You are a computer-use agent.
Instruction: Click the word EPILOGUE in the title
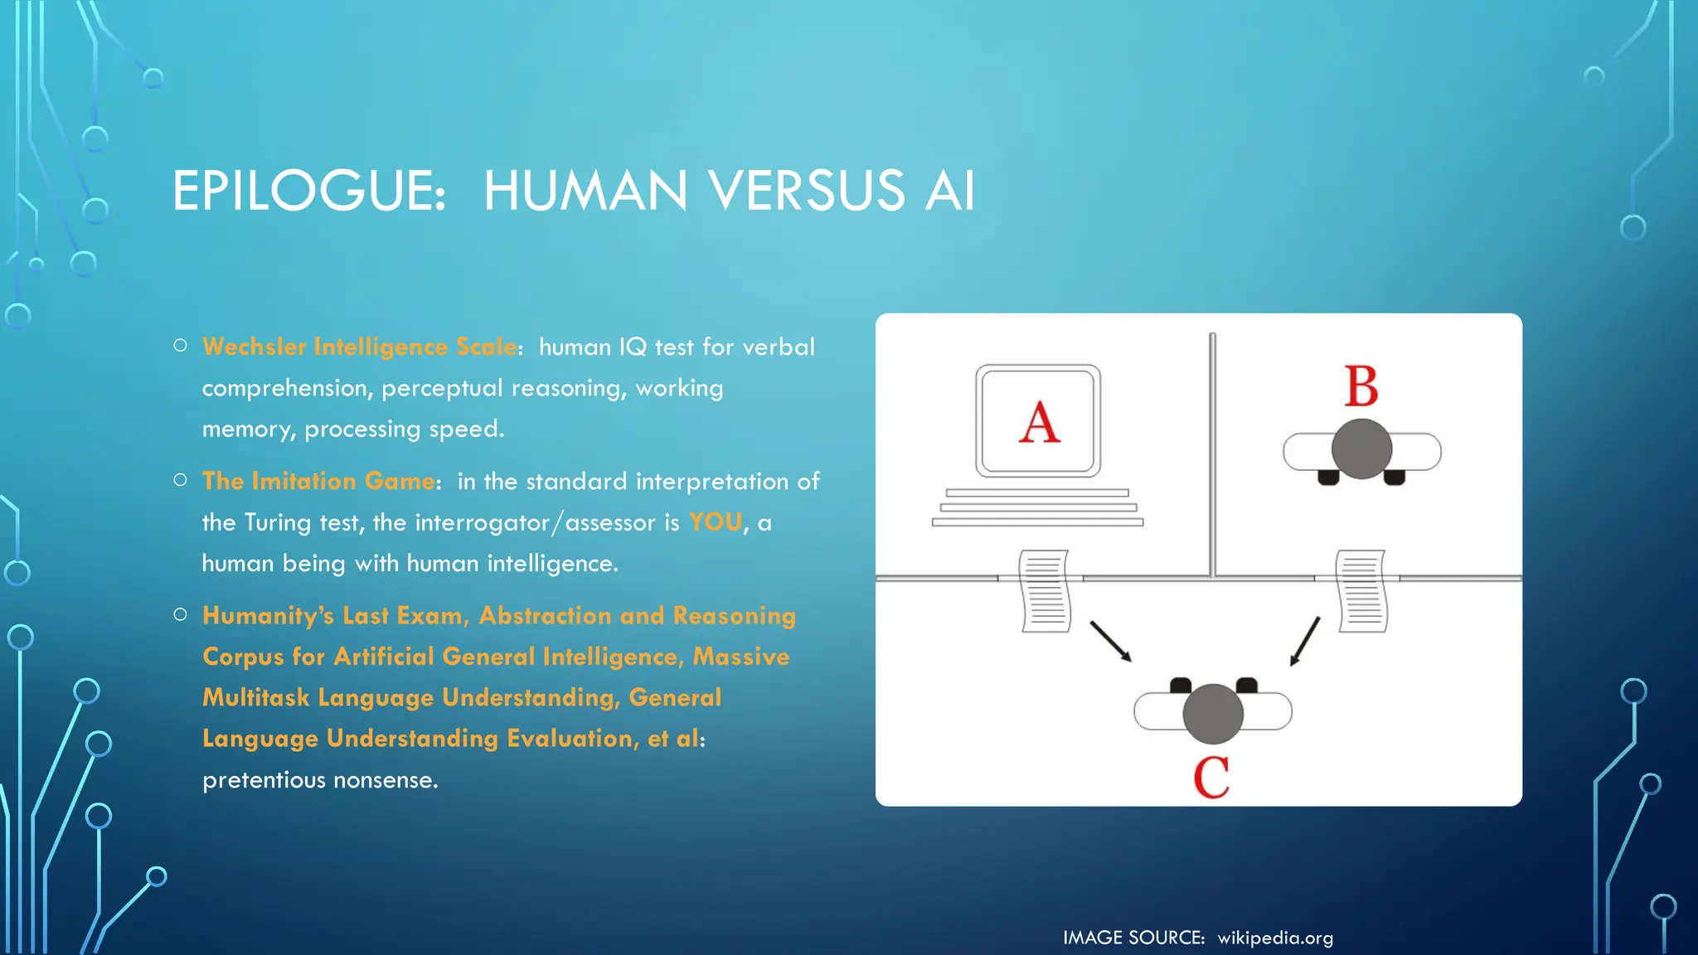pos(308,191)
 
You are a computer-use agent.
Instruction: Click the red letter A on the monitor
pos(1039,422)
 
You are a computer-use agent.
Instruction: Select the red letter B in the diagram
pos(1361,386)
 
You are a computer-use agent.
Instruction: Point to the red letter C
pos(1211,777)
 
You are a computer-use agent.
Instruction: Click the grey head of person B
pos(1361,448)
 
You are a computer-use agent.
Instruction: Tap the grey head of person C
pos(1212,713)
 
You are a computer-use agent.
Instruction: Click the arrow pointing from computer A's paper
pos(1110,641)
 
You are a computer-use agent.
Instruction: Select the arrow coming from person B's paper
pos(1305,641)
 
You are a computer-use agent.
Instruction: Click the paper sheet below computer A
pos(1045,590)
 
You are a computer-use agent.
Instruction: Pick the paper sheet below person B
pos(1361,590)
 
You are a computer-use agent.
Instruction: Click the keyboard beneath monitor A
pos(1037,507)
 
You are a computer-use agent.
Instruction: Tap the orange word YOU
pos(716,522)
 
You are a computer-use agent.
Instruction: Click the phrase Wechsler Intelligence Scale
pos(360,347)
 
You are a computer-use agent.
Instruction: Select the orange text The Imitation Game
pos(318,481)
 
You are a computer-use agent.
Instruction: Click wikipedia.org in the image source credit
pos(1275,938)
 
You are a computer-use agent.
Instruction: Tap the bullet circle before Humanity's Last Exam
pos(181,614)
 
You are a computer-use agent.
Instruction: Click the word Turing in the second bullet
pos(278,522)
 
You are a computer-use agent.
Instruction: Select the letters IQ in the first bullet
pos(633,347)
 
